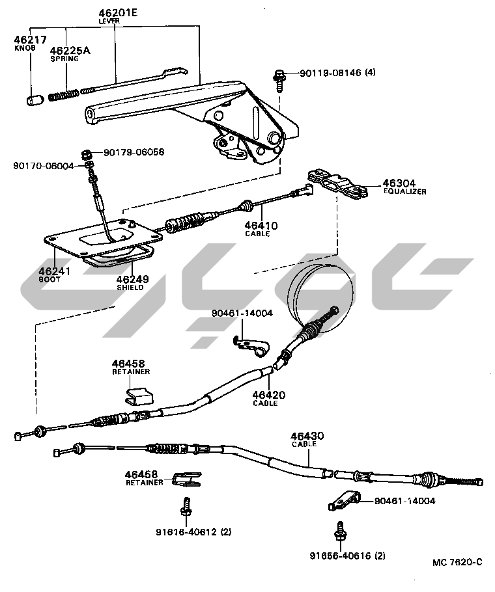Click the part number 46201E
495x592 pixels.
click(118, 12)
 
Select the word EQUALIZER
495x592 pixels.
click(404, 192)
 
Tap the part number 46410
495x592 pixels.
click(261, 226)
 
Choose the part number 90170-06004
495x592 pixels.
click(43, 167)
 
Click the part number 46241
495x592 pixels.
click(54, 271)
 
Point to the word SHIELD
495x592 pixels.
click(130, 287)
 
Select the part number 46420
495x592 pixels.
click(268, 394)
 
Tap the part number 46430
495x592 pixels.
click(307, 436)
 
